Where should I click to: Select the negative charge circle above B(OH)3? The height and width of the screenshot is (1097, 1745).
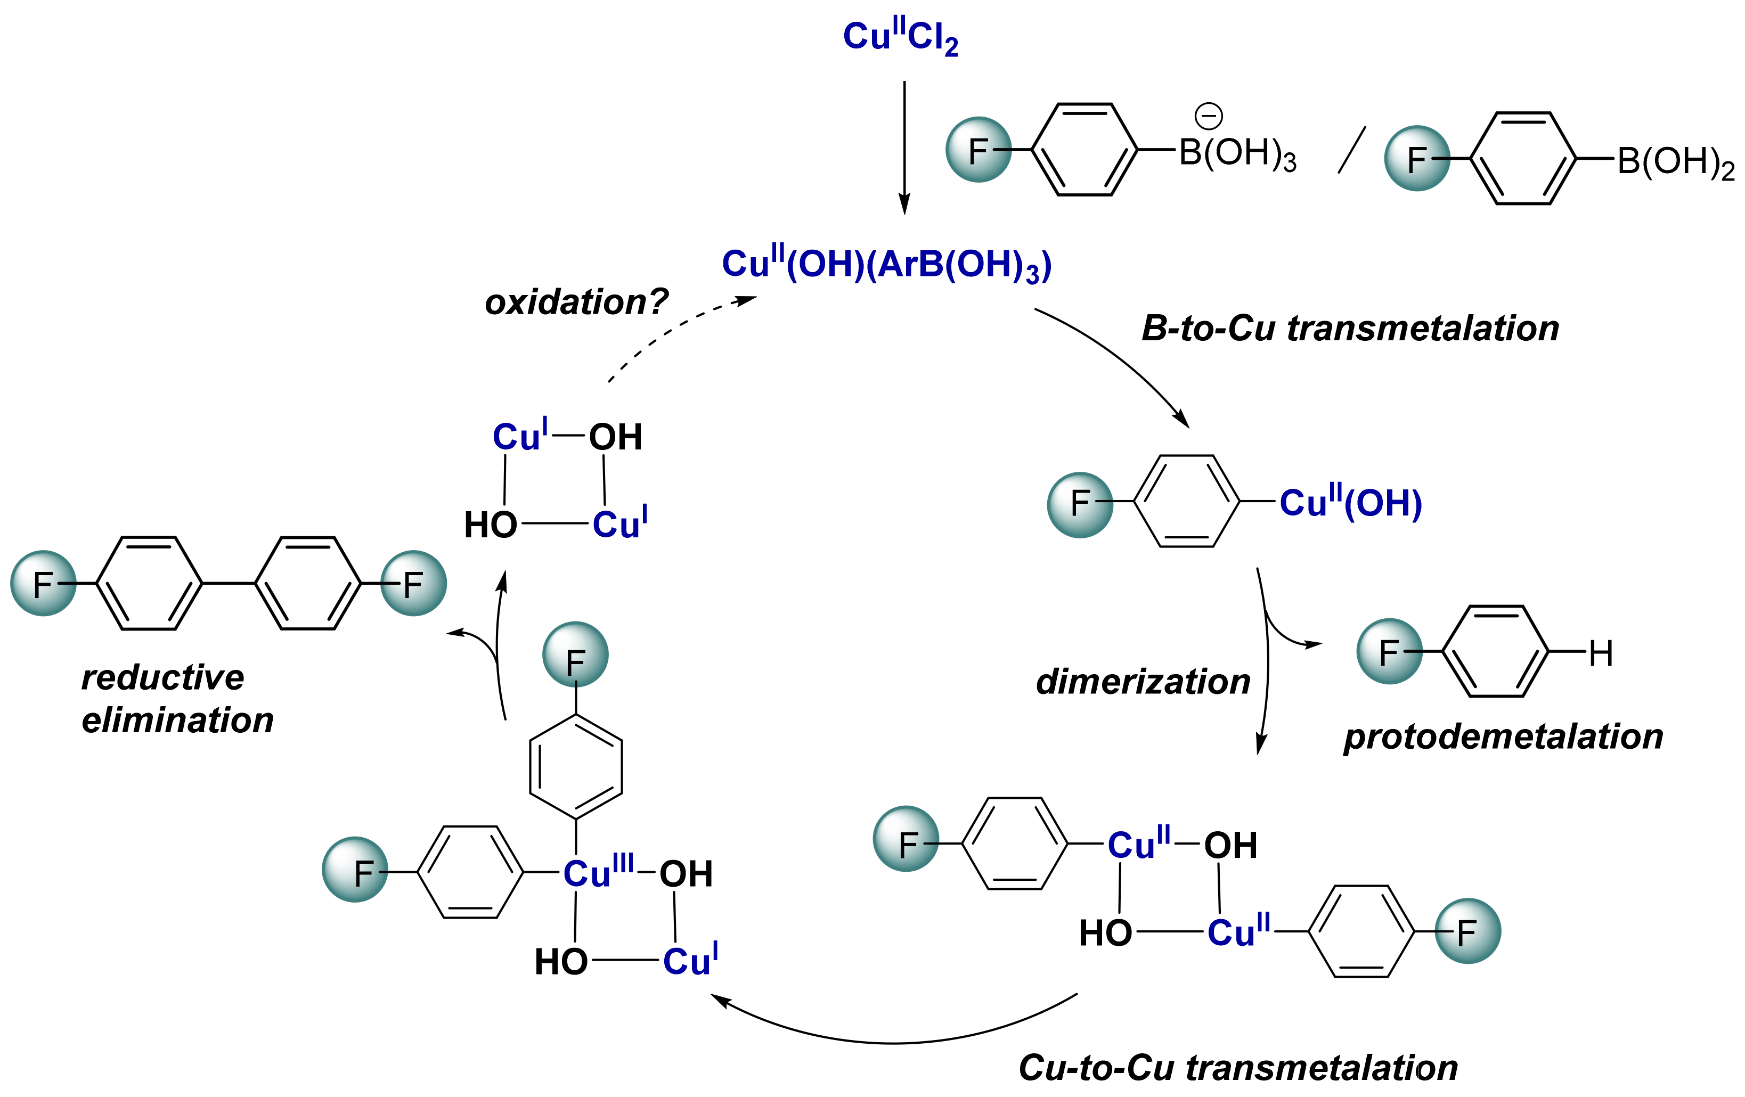[x=1208, y=116]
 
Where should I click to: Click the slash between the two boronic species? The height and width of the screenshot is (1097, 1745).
[x=1351, y=150]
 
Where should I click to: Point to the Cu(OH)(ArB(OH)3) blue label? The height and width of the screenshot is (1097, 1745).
[x=886, y=265]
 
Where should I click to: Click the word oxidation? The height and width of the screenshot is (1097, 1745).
[x=576, y=301]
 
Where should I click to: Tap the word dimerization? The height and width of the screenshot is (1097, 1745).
[x=1143, y=682]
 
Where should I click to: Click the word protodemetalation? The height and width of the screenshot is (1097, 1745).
[x=1503, y=737]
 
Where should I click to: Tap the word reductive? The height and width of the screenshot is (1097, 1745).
[x=162, y=677]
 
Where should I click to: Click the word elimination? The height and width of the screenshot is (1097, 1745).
[x=177, y=720]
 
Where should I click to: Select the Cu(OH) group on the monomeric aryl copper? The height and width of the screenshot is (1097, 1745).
[x=1350, y=503]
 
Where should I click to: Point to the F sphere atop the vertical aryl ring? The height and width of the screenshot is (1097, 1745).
[x=575, y=654]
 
